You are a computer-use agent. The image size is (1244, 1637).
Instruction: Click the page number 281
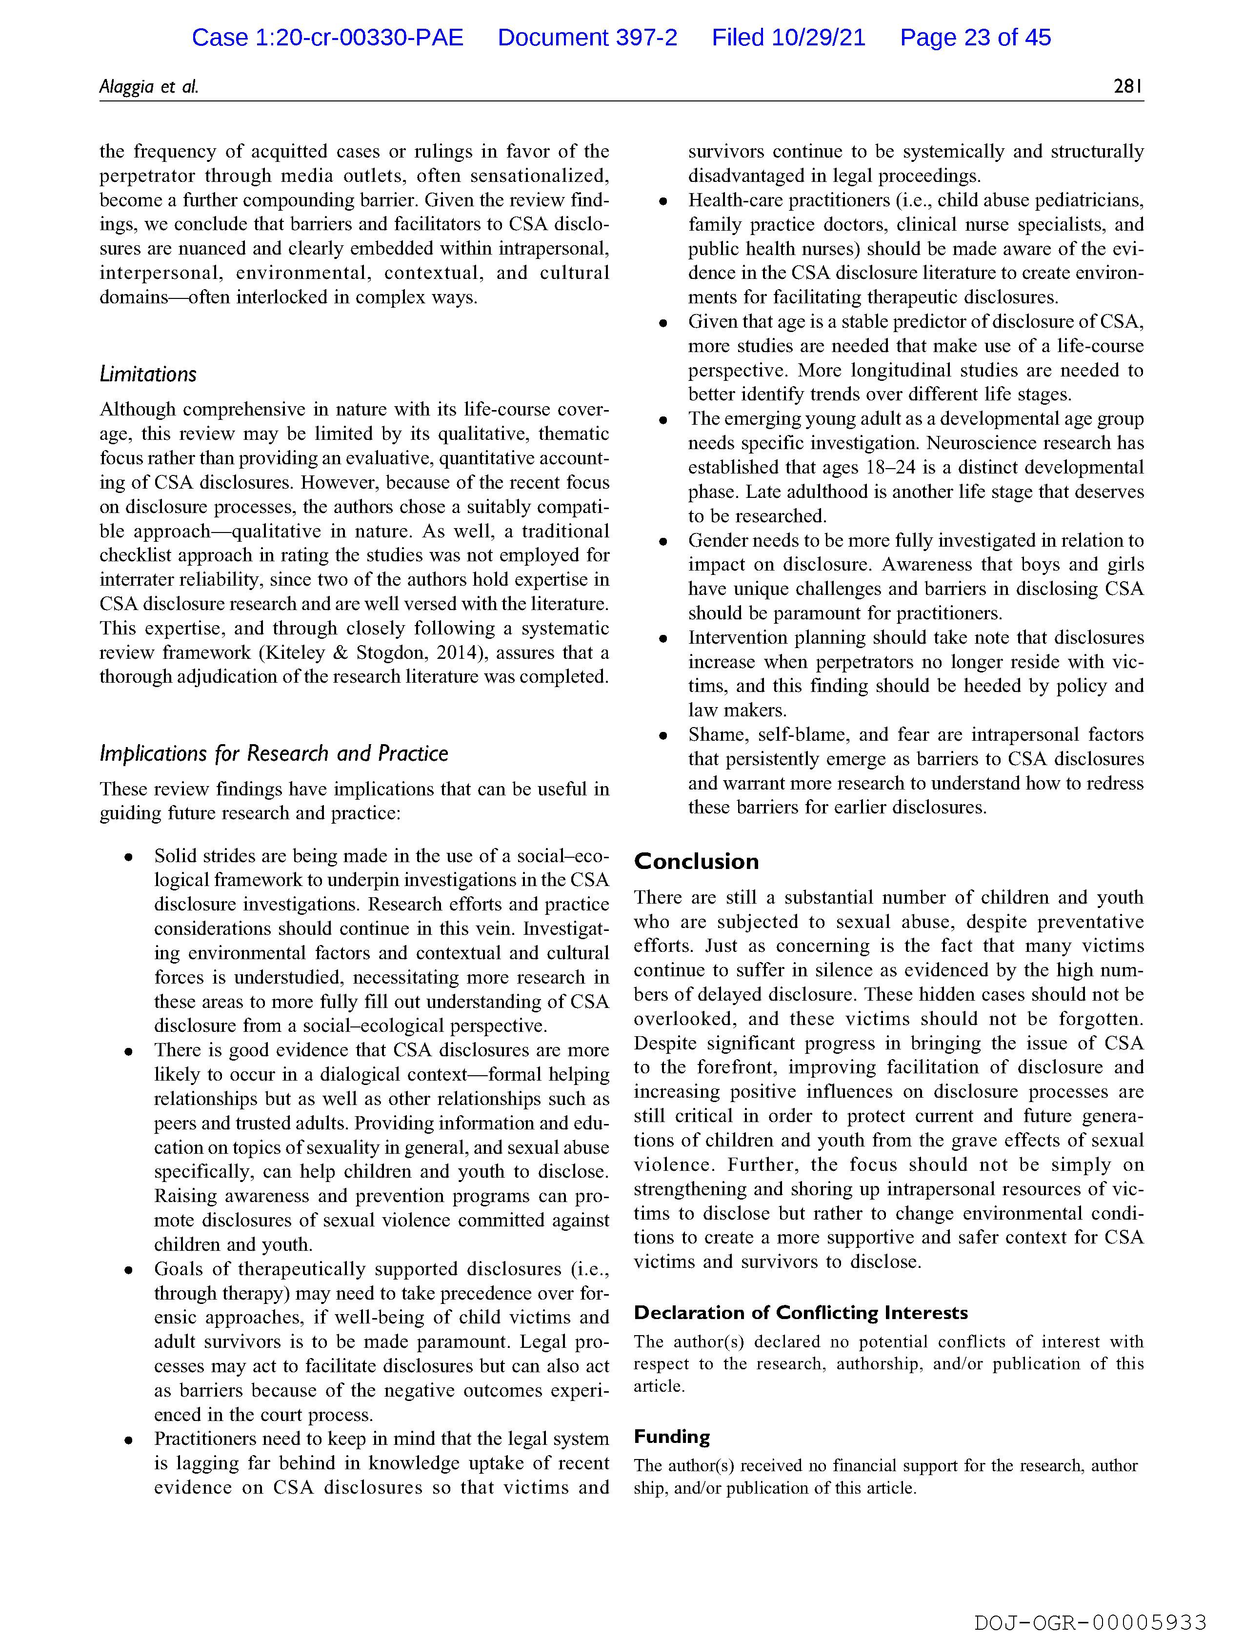click(1128, 87)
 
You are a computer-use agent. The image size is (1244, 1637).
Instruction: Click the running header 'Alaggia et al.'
click(149, 87)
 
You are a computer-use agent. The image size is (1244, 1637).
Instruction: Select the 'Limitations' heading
click(148, 375)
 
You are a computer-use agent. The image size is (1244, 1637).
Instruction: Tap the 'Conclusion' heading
click(696, 862)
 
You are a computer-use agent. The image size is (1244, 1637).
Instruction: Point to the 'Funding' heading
click(672, 1437)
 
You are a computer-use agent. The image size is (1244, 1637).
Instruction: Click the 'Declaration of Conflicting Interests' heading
click(801, 1313)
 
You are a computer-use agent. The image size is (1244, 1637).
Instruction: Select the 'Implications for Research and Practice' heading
click(274, 753)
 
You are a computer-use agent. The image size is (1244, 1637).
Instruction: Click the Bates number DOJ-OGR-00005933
click(1090, 1622)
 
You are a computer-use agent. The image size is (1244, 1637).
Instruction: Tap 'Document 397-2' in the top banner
click(587, 38)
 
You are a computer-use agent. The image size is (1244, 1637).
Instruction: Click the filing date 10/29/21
click(818, 38)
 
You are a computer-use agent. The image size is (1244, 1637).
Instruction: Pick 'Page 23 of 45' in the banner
click(975, 38)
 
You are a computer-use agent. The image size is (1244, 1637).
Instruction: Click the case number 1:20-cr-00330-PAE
click(359, 38)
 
